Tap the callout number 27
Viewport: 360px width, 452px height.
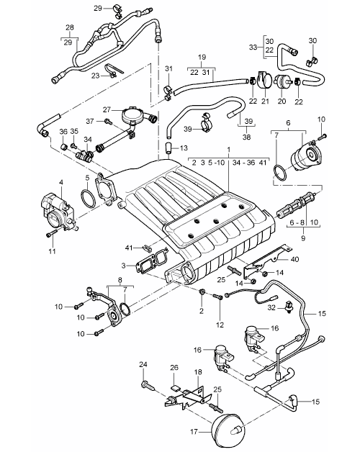(x=107, y=110)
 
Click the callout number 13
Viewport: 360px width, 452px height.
(x=184, y=148)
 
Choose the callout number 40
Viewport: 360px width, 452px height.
(x=294, y=259)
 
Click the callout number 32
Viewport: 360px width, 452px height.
(x=271, y=308)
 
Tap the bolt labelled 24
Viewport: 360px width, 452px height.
(x=145, y=384)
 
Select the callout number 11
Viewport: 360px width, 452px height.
(x=52, y=251)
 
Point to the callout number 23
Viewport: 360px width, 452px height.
(x=95, y=76)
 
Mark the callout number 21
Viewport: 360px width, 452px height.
(x=265, y=101)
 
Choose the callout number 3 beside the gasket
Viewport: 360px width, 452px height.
(x=123, y=265)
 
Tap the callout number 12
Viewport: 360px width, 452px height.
(x=220, y=325)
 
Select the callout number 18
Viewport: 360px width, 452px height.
(x=198, y=372)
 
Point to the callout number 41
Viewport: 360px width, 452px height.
(x=129, y=248)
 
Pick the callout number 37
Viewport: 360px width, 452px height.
(x=90, y=121)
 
